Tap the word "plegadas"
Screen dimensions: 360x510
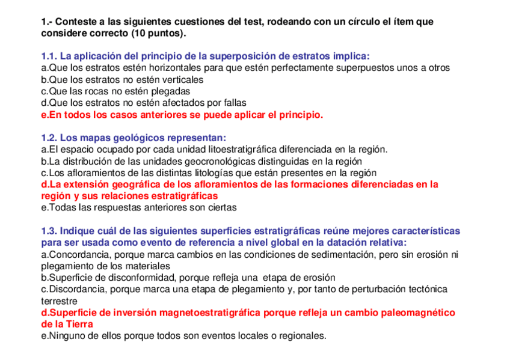tap(170, 91)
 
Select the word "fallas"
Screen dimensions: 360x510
tap(233, 103)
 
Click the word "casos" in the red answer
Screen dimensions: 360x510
tap(112, 115)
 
